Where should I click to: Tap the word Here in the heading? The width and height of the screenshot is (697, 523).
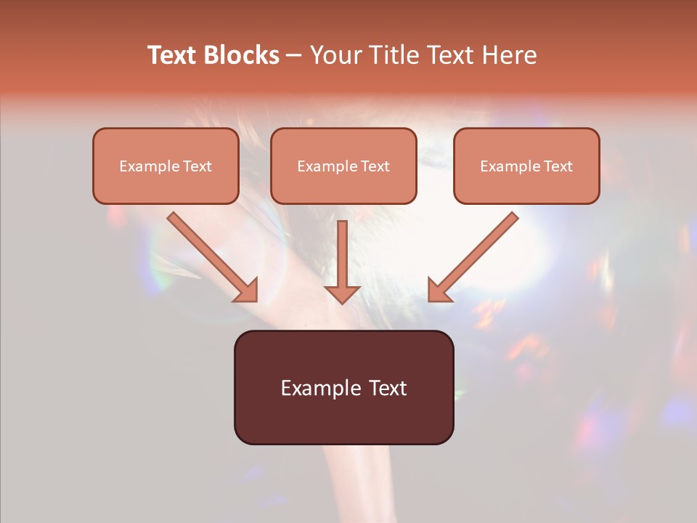508,55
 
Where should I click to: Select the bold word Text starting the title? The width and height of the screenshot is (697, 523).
172,55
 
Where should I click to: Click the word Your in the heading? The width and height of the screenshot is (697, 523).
334,55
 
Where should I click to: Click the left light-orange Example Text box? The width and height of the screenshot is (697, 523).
166,166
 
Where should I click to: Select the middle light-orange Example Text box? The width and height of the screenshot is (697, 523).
343,166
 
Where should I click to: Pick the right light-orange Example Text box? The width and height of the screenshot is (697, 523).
526,166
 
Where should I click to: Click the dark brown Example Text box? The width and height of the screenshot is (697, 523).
343,388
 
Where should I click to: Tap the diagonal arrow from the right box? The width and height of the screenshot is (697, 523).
476,254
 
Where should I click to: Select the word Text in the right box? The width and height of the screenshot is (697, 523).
558,166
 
